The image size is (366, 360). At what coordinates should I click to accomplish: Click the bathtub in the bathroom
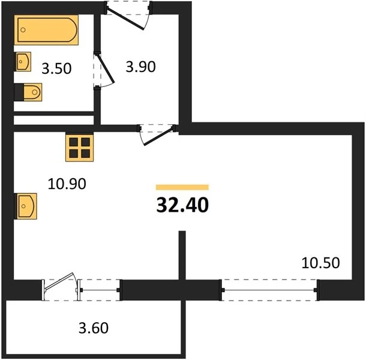click(x=46, y=29)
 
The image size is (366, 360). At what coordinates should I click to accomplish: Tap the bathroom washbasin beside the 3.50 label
click(x=23, y=62)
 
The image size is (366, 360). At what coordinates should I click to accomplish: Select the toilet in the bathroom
click(x=28, y=92)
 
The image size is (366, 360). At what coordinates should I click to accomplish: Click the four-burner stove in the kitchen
click(x=80, y=147)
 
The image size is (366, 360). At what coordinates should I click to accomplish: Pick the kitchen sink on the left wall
click(x=26, y=206)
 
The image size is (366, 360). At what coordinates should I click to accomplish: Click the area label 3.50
click(x=56, y=68)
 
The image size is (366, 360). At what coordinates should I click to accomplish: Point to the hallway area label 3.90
click(x=140, y=67)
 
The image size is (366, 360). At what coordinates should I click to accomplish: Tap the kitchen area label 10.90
click(x=67, y=184)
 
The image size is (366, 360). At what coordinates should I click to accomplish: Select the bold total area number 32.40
click(x=182, y=205)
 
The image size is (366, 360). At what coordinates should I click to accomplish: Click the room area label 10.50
click(x=320, y=263)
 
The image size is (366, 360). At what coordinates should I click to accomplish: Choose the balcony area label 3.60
click(x=94, y=328)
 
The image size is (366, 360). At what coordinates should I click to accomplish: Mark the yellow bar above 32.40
click(x=182, y=187)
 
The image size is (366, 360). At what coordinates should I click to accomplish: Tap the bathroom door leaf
click(x=105, y=68)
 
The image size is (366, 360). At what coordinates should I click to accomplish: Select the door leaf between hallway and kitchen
click(x=159, y=136)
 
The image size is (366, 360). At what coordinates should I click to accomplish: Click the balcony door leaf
click(x=59, y=281)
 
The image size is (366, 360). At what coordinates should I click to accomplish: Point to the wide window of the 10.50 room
click(x=269, y=290)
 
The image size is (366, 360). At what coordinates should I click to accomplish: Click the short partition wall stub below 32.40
click(x=182, y=255)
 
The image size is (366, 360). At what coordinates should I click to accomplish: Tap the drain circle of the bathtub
click(x=23, y=30)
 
